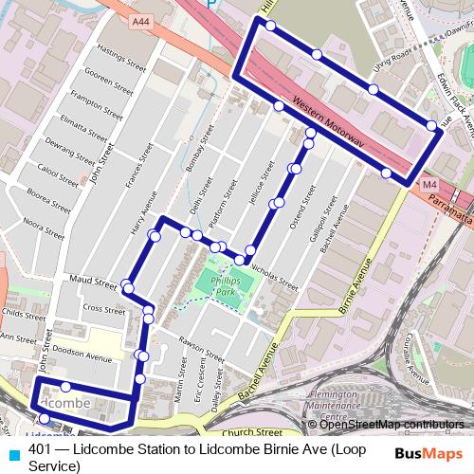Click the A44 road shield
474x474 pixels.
pyautogui.click(x=141, y=21)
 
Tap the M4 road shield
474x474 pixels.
pyautogui.click(x=429, y=183)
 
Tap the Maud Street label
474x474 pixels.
pyautogui.click(x=92, y=281)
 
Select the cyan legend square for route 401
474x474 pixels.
pyautogui.click(x=13, y=451)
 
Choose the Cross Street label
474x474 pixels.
pyautogui.click(x=103, y=309)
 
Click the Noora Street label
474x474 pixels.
pyautogui.click(x=44, y=226)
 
